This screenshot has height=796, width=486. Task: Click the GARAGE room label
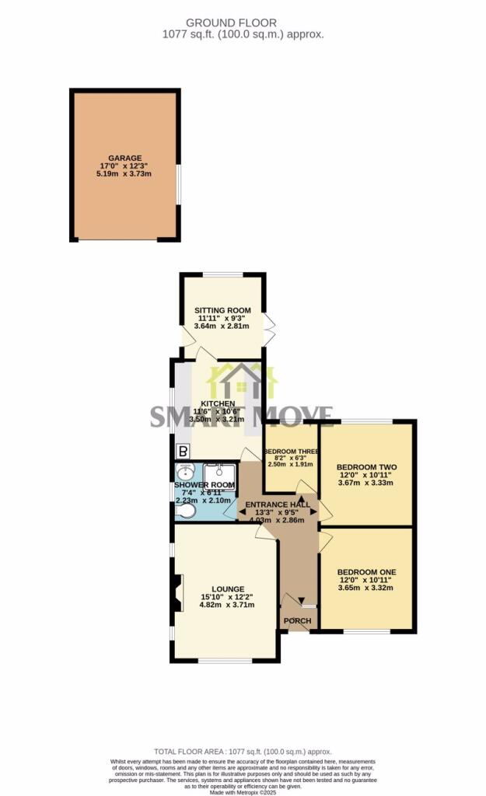click(x=124, y=158)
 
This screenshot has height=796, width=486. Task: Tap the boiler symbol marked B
click(x=184, y=450)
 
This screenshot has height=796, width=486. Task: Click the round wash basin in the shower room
click(x=186, y=473)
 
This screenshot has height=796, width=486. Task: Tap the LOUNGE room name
click(x=222, y=588)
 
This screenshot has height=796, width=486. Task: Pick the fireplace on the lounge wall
click(x=177, y=588)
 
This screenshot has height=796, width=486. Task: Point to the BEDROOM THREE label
click(x=292, y=452)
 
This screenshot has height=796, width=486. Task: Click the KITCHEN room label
click(x=218, y=403)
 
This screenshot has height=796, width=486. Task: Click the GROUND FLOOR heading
click(x=243, y=23)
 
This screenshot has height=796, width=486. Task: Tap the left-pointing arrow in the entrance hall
click(x=231, y=514)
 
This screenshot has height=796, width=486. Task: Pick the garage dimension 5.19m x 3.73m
click(x=124, y=174)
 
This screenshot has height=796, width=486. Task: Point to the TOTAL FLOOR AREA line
click(x=243, y=752)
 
